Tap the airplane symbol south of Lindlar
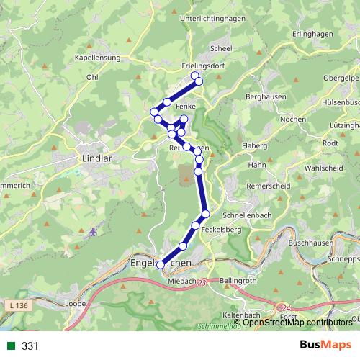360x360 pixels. (94, 232)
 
